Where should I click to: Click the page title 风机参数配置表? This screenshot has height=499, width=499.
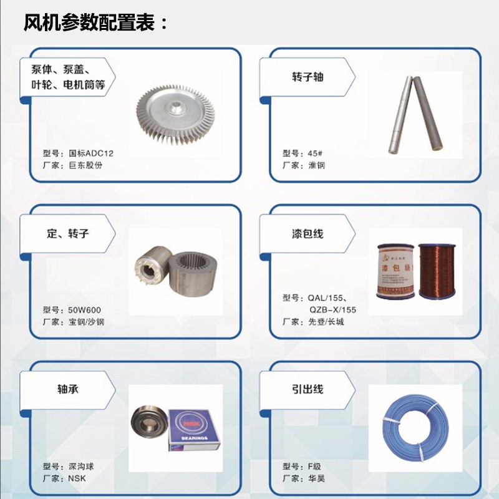tap(89, 22)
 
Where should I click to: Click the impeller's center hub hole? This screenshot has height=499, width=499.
tap(175, 105)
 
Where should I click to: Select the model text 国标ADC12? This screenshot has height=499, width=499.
tap(91, 153)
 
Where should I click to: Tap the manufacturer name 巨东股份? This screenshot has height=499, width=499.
tap(85, 165)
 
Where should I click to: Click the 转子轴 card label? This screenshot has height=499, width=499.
tap(308, 77)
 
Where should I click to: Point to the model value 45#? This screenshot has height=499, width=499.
tap(315, 153)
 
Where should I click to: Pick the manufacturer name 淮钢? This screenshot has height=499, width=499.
tap(316, 165)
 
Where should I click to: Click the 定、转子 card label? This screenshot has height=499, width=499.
tap(68, 233)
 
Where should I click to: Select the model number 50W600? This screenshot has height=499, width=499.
tap(85, 310)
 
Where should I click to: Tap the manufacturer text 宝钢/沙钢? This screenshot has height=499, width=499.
tap(86, 322)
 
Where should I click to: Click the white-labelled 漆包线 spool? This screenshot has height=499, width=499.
tap(396, 271)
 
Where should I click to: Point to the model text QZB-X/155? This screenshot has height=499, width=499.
tap(332, 309)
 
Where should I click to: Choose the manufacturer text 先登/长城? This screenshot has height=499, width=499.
tap(326, 322)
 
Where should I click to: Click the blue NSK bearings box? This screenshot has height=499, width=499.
tap(194, 430)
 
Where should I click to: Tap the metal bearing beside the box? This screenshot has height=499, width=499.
tap(148, 422)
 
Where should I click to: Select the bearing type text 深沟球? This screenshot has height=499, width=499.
tap(81, 467)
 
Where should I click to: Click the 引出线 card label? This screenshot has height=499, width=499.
tap(308, 389)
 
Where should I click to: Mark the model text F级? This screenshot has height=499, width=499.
tap(314, 467)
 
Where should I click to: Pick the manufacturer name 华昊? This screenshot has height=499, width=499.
tap(316, 478)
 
